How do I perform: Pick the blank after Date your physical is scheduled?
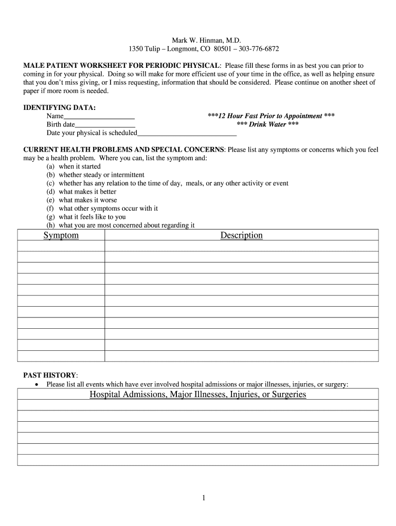point(187,134)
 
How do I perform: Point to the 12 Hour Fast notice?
point(271,116)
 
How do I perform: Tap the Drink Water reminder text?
point(267,124)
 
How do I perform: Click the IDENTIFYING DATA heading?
point(60,108)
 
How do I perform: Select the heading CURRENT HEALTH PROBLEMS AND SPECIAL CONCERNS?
point(123,149)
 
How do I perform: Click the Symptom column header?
point(61,235)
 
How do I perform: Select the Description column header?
point(241,235)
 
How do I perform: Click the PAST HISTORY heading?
point(50,375)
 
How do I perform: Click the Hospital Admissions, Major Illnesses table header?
point(197,394)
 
